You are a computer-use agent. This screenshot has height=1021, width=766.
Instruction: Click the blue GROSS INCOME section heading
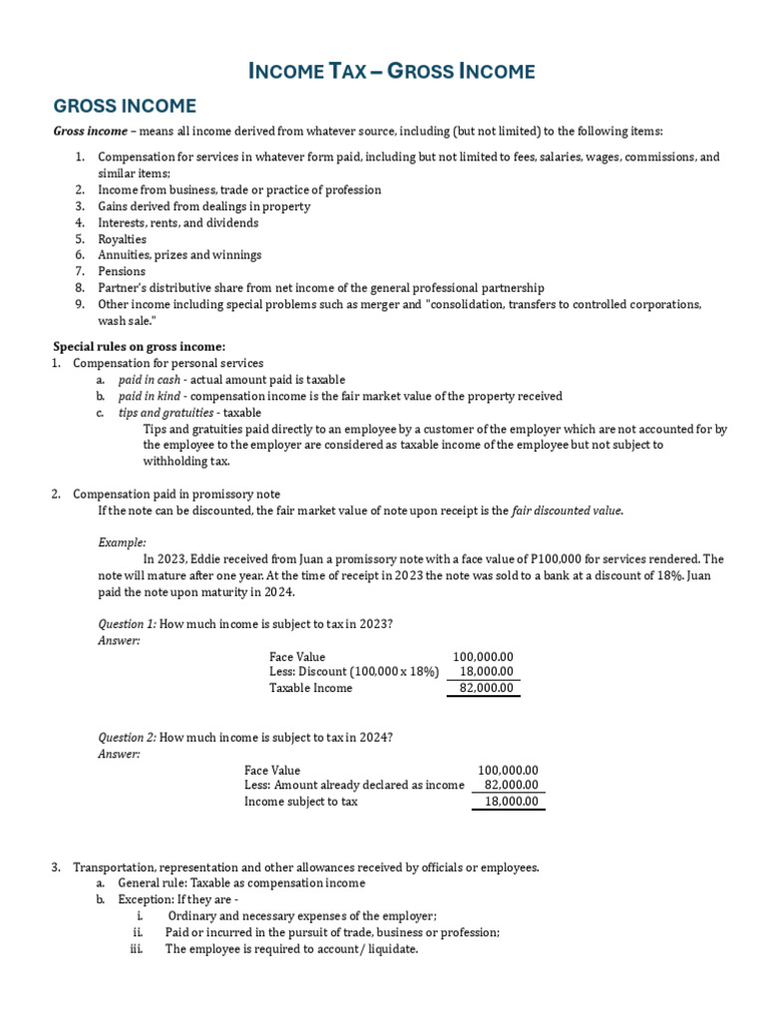coord(125,106)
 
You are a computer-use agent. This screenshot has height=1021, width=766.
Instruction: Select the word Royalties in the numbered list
coord(122,239)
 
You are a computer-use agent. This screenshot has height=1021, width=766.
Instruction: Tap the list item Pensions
coord(122,271)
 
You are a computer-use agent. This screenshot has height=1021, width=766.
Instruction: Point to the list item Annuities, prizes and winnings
coord(180,255)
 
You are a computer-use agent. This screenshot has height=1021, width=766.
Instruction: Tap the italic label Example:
coord(122,542)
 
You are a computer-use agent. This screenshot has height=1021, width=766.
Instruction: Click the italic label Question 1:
coord(127,624)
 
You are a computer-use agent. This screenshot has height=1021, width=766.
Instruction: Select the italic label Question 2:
coord(127,737)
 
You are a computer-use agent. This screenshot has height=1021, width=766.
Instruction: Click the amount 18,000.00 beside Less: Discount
coord(486,672)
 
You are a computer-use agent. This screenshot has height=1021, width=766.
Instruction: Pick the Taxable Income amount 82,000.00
coord(486,688)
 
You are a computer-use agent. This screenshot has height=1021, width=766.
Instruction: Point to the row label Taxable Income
coord(310,688)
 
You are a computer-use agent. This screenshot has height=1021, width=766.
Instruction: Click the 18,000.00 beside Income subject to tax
coord(511,802)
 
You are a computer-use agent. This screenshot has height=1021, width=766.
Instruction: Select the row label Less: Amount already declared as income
coord(354,786)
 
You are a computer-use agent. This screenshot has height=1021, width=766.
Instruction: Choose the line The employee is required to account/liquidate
coord(291,949)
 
